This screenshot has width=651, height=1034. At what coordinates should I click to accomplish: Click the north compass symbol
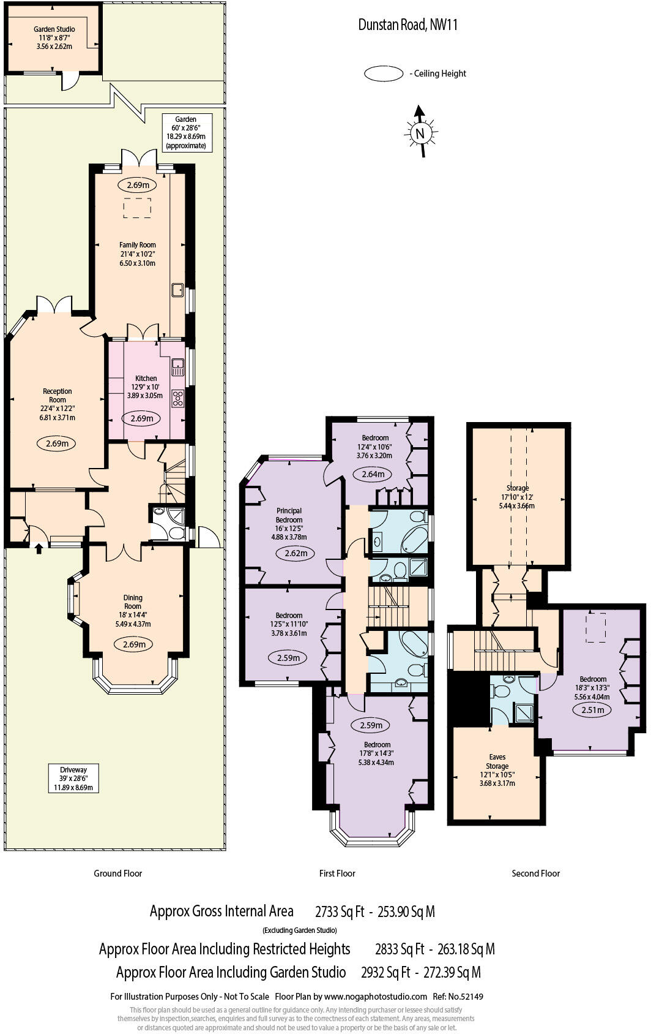(x=420, y=132)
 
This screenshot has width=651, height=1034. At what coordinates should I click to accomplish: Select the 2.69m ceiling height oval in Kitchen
(x=141, y=419)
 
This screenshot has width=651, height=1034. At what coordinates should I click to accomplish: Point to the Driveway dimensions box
(x=73, y=778)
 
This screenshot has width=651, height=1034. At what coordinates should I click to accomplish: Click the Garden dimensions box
(x=186, y=132)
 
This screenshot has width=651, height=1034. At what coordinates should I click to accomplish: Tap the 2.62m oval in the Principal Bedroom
(x=296, y=553)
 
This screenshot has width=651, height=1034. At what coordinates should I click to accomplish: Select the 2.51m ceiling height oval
(x=592, y=710)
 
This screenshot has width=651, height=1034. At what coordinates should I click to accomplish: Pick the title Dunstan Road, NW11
(x=407, y=25)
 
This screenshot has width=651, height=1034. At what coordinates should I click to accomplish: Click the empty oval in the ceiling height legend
(x=384, y=74)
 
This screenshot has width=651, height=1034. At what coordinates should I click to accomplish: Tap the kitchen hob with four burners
(x=178, y=398)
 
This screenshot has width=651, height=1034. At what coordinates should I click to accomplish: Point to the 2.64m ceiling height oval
(x=373, y=474)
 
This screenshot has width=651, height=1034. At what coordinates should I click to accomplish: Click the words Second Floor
(x=535, y=873)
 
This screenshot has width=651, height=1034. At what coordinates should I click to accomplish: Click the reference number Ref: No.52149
(x=458, y=997)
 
